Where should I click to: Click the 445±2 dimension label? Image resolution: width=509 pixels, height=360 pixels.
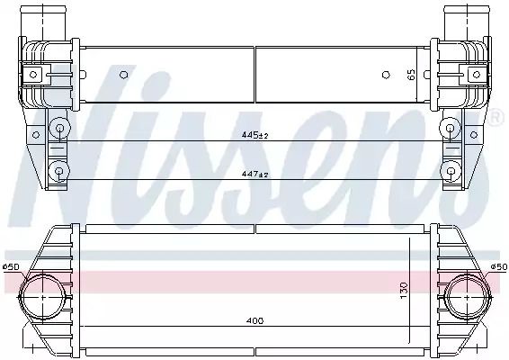pos(254,135)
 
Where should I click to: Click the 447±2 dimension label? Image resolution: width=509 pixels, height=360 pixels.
pos(254,175)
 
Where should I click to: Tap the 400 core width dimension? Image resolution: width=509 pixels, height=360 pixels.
pos(254,321)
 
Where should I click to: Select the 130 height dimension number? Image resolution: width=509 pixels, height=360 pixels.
pos(403,291)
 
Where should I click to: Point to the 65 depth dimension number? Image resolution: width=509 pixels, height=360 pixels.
pos(411,75)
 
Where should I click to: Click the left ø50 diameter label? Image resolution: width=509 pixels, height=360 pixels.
pos(11,267)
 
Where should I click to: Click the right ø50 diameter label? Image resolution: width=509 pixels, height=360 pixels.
pos(498,267)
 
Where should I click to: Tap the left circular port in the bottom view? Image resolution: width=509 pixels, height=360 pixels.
pos(43,296)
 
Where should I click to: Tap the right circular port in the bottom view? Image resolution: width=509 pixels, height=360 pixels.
pos(467,296)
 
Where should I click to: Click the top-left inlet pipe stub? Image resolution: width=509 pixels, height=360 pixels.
pos(43,22)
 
